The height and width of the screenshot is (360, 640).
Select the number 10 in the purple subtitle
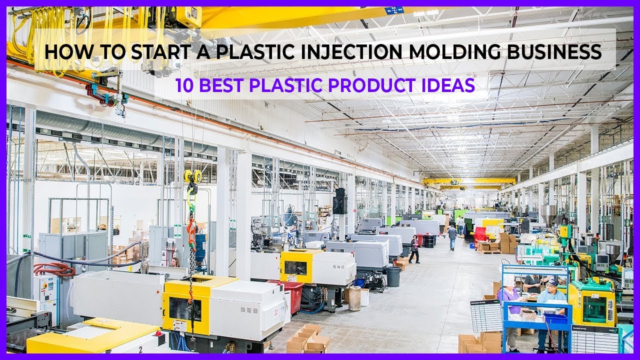click(x=185, y=85)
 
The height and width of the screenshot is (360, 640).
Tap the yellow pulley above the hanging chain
click(x=192, y=175)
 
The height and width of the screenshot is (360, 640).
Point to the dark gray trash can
click(x=393, y=276)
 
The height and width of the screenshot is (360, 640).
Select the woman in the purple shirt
click(x=508, y=300)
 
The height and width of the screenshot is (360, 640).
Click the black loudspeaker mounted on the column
click(x=340, y=201)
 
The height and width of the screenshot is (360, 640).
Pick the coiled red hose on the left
click(x=54, y=269)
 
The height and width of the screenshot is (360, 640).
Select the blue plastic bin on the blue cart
click(x=556, y=318)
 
